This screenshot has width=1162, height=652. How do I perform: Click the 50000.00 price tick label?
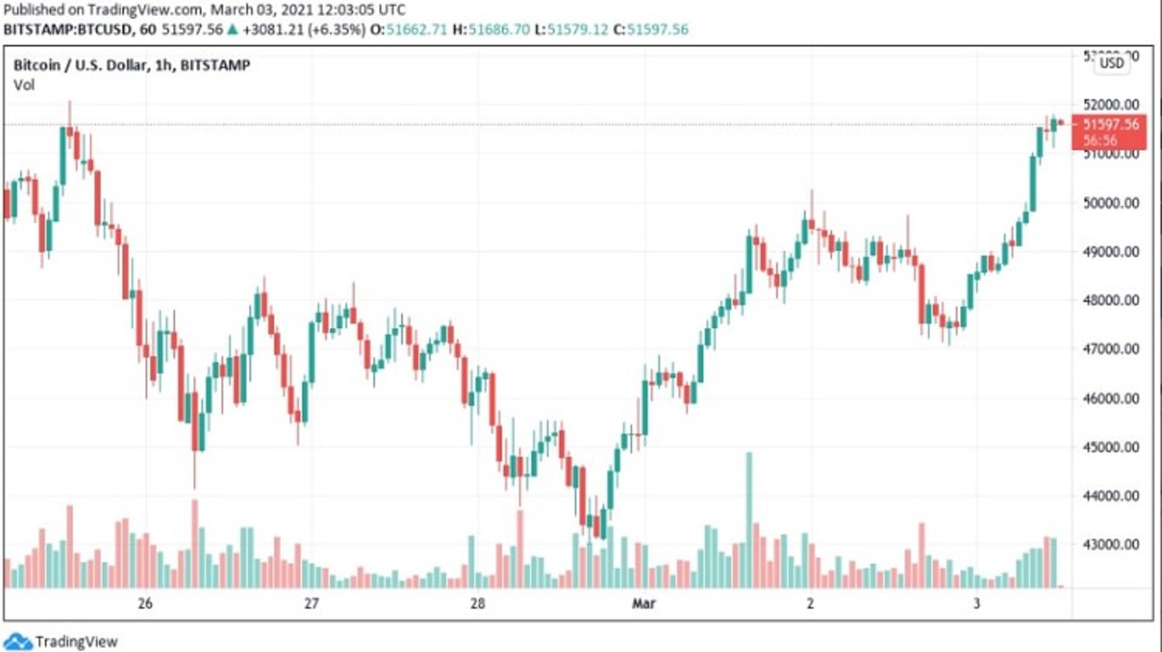1111,203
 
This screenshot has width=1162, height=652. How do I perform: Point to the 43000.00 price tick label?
1111,544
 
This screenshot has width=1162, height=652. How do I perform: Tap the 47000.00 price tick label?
1111,349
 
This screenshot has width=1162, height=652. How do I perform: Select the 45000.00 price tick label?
1111,447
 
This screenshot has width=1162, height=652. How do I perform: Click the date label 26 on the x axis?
145,603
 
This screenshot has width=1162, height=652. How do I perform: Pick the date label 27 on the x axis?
311,603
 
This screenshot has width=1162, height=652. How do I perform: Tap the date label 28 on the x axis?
478,603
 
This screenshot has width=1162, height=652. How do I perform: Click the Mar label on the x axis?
643,603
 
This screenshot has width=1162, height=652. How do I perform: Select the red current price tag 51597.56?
1109,131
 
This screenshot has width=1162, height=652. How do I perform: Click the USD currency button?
1112,64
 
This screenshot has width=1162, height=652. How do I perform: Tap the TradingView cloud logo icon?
17,642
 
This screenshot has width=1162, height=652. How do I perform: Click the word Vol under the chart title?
24,85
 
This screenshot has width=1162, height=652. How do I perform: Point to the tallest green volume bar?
749,520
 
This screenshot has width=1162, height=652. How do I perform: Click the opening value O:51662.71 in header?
409,30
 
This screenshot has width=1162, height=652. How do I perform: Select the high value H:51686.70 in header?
491,30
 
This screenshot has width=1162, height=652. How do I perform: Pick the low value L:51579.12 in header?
571,30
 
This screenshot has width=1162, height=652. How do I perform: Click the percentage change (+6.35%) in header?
336,30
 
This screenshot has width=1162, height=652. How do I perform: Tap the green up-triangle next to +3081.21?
232,30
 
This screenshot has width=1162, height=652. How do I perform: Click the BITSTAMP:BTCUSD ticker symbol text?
68,30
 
